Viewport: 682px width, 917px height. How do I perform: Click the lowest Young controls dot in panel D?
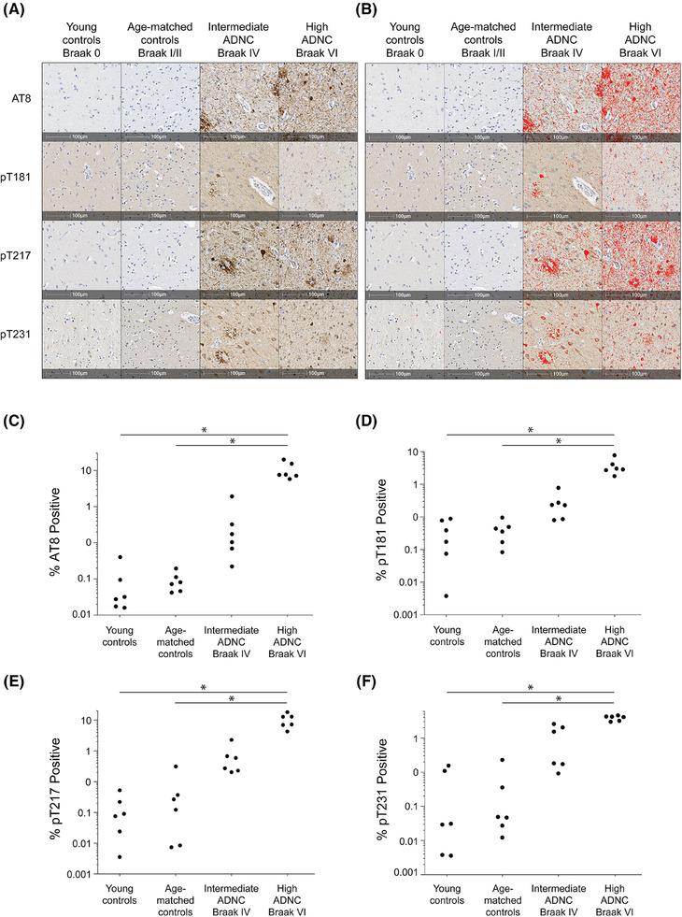(446, 595)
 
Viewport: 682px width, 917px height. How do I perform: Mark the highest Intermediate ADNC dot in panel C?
(232, 496)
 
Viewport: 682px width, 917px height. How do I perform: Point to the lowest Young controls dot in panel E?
(120, 856)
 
